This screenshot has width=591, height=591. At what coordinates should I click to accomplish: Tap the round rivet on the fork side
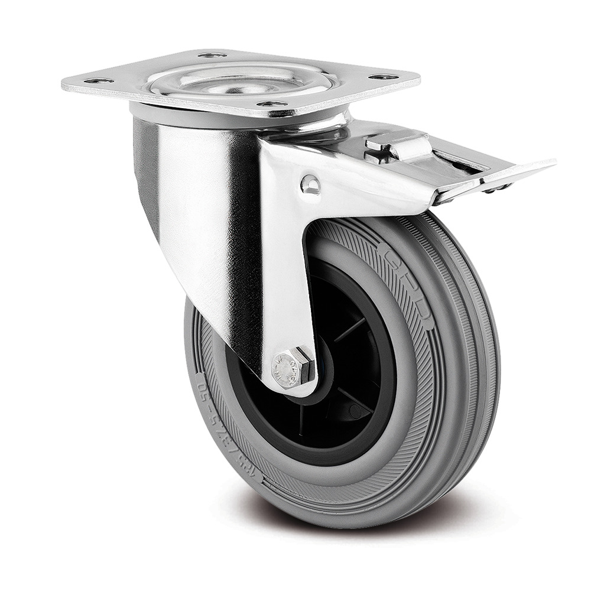click(x=309, y=185)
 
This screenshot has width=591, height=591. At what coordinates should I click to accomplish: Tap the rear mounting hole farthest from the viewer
click(x=212, y=55)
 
